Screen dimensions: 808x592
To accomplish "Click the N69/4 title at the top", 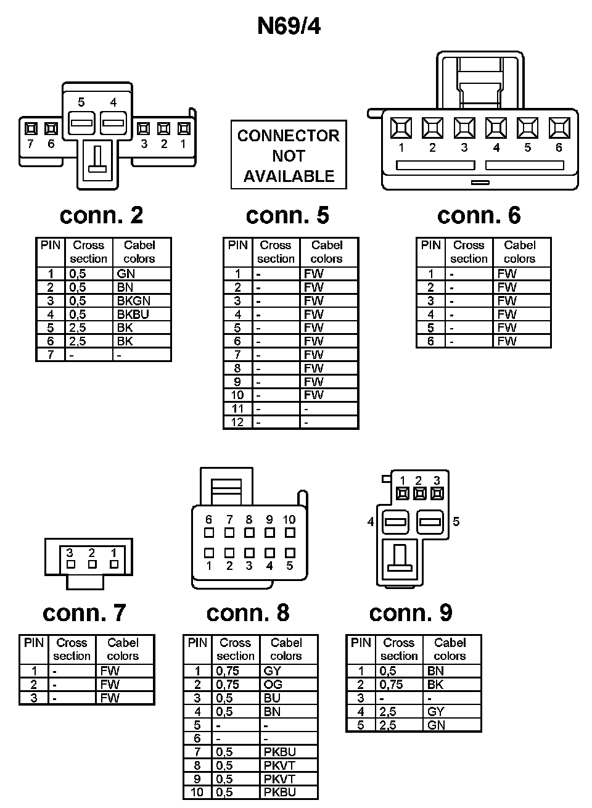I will click(289, 27).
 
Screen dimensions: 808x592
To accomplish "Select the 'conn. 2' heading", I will click(101, 215).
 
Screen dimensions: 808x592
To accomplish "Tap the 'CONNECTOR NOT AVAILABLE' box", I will click(289, 155).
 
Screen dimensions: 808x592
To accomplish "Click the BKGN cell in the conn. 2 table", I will click(134, 301).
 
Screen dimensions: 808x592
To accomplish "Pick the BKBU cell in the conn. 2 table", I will click(133, 315).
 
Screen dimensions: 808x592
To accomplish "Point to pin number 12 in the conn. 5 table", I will click(237, 423).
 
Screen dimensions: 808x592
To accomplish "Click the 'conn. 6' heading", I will click(479, 215).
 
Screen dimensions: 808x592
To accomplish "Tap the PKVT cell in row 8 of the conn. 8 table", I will click(279, 765).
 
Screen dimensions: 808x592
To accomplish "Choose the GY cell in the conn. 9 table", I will click(435, 712).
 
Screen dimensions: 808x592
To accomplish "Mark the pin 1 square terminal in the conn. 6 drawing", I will click(401, 128).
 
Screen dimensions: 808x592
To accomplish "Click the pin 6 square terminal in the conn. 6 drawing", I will click(559, 128).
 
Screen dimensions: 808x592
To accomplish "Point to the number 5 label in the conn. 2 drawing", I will click(81, 102).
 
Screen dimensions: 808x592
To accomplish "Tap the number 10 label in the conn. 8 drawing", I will click(289, 520).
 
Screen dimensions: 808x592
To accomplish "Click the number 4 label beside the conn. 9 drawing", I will click(371, 522).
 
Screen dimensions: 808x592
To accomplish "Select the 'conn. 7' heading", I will click(84, 612).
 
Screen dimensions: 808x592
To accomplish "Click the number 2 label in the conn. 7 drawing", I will click(92, 553).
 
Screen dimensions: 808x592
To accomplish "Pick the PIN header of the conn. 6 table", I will click(431, 245).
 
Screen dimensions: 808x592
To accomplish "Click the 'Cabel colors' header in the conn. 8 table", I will click(286, 649).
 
